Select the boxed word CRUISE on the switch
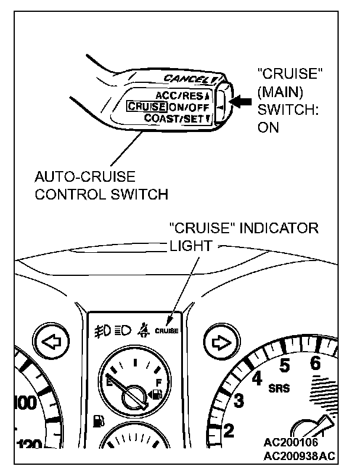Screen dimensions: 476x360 [x=146, y=107]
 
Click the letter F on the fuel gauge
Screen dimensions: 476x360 [x=158, y=382]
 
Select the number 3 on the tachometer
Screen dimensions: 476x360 [x=239, y=400]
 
